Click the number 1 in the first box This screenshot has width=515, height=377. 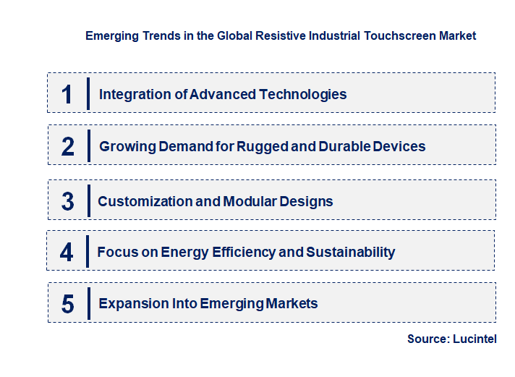pyautogui.click(x=67, y=94)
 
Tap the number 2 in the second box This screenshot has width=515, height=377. pyautogui.click(x=68, y=146)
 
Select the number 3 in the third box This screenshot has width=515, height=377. pyautogui.click(x=67, y=201)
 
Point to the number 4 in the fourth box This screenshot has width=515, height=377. pyautogui.click(x=67, y=253)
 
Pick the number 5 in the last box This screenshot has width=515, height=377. pyautogui.click(x=67, y=304)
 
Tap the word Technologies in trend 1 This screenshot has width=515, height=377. pyautogui.click(x=305, y=94)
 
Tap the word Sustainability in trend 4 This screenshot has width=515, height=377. pyautogui.click(x=351, y=253)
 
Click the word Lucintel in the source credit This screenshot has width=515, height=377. pyautogui.click(x=474, y=339)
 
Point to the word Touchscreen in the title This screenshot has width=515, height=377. pyautogui.click(x=399, y=35)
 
